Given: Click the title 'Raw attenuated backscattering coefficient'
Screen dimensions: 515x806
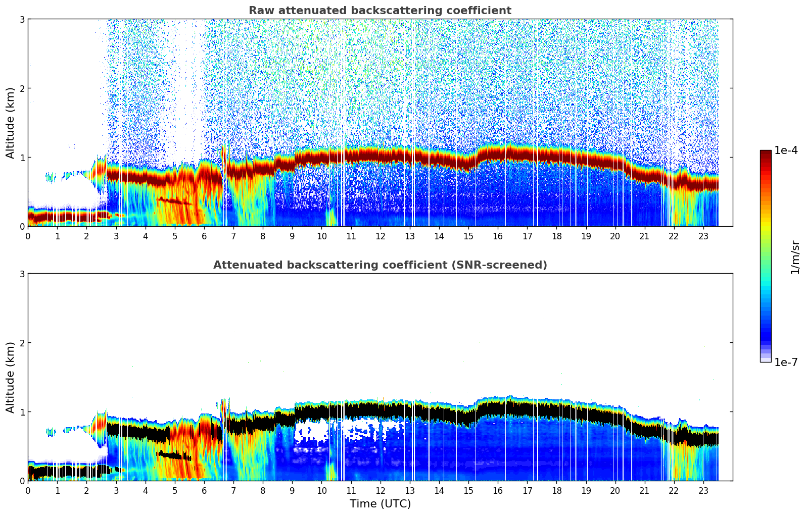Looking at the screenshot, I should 380,11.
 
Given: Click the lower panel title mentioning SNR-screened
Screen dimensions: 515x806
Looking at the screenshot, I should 380,265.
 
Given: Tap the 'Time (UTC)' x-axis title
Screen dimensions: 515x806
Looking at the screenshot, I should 380,504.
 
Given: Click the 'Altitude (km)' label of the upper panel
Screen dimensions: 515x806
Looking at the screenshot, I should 11,123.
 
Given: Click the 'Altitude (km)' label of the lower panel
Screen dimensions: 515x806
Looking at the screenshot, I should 11,377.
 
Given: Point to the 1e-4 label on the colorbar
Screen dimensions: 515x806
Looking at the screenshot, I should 786,150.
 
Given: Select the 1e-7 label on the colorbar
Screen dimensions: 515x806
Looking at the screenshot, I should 786,362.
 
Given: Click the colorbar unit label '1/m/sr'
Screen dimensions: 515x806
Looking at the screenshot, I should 795,257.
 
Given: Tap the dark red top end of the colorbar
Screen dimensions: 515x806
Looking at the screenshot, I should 766,152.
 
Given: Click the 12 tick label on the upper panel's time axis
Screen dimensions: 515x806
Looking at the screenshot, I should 380,236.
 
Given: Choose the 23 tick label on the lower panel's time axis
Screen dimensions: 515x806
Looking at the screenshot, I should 703,490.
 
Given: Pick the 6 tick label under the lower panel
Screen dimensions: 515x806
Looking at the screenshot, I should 204,490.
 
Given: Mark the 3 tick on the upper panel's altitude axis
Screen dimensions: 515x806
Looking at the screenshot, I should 22,19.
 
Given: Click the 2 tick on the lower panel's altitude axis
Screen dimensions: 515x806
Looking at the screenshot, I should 22,343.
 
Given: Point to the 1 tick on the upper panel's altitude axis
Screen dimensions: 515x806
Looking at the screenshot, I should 22,158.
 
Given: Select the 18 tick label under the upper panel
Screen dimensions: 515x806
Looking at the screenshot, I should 556,236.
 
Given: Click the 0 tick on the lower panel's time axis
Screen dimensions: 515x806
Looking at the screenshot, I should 28,490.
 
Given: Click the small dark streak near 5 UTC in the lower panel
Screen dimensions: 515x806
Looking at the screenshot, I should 175,456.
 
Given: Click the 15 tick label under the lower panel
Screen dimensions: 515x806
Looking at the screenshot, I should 468,490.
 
